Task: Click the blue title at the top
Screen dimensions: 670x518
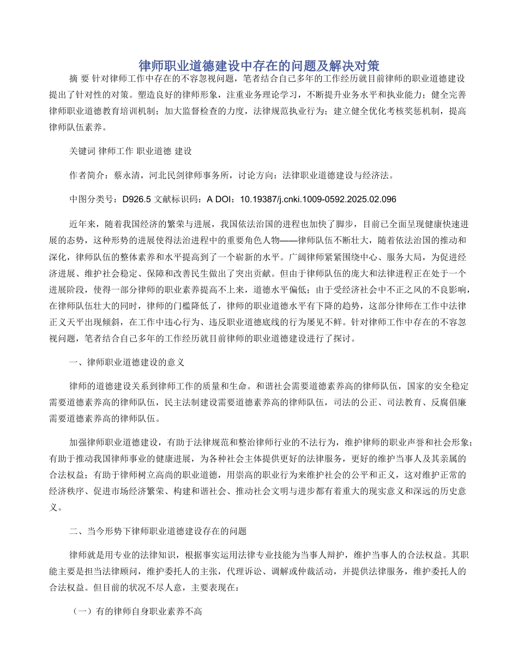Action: tap(258, 66)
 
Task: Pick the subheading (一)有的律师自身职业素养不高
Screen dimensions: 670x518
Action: tap(137, 612)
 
